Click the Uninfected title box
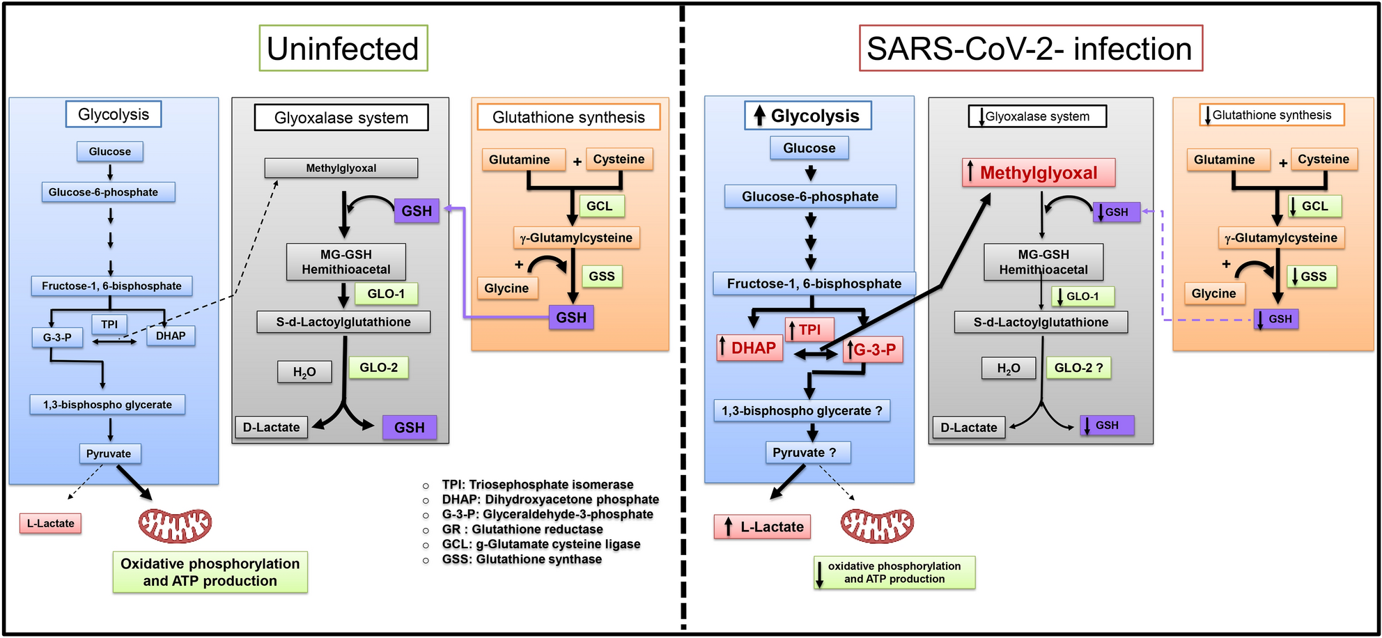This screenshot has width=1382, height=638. click(343, 49)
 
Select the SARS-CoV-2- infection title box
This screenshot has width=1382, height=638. click(1030, 49)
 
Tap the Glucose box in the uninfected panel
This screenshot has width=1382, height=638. click(109, 151)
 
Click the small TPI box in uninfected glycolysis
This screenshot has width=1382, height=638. click(109, 324)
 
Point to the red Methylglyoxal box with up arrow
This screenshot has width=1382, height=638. click(1038, 173)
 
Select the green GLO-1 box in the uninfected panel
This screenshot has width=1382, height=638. click(385, 294)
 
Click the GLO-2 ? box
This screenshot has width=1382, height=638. click(1078, 368)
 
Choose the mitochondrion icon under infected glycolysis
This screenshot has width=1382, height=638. click(876, 526)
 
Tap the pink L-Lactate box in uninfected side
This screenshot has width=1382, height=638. click(50, 523)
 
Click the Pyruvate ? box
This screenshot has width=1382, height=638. click(808, 453)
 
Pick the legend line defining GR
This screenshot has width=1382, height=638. click(522, 529)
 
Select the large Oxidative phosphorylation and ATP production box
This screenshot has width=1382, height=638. click(210, 573)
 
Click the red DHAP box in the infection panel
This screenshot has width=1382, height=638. click(750, 348)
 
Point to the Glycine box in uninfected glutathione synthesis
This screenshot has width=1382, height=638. click(506, 288)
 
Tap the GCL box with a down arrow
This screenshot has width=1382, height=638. click(1313, 206)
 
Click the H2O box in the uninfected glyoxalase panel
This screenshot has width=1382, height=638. click(304, 372)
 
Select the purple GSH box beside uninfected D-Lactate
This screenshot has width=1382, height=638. click(410, 427)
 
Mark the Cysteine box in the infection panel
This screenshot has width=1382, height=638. click(1323, 159)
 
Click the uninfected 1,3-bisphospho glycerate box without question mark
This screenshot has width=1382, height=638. click(107, 405)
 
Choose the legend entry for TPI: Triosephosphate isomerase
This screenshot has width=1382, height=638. click(537, 485)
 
